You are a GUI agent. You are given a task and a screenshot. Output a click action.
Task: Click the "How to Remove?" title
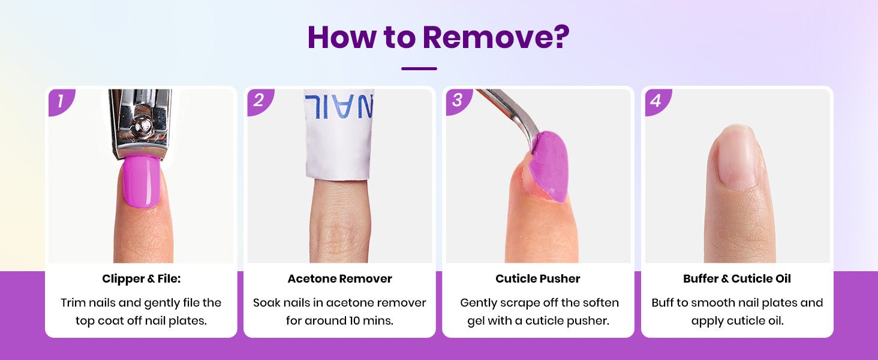tap(438, 37)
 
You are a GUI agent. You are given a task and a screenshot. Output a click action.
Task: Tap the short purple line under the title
tap(419, 68)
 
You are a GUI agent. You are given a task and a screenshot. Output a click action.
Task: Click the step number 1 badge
tap(62, 102)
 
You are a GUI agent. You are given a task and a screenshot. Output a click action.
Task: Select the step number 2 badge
tap(260, 102)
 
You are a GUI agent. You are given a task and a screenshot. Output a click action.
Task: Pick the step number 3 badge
tap(459, 102)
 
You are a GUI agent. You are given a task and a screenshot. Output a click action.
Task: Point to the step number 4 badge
tap(658, 102)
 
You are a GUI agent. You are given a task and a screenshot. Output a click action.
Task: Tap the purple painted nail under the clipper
tap(141, 182)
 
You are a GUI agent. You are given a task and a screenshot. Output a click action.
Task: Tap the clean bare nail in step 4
tap(737, 157)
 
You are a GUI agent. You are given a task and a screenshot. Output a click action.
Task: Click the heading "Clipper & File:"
tap(141, 279)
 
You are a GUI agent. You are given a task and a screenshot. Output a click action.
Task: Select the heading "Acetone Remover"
tap(339, 279)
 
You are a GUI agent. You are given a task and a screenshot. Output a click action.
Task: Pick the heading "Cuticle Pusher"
tap(538, 279)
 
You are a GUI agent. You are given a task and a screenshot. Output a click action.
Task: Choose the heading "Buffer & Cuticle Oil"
tap(737, 279)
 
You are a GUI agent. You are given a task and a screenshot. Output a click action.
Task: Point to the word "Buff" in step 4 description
tap(663, 303)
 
